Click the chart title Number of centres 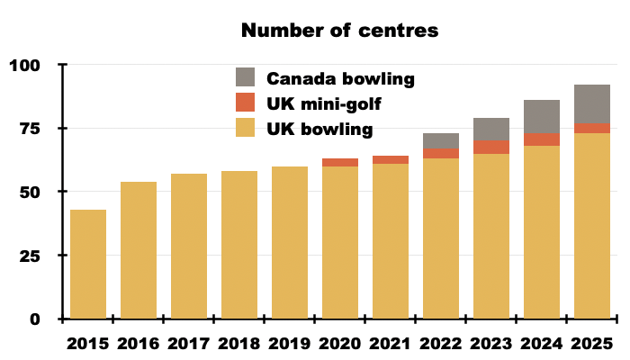(339, 30)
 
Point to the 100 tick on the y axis (26, 66)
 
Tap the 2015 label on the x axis (87, 344)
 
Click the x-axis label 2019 (289, 344)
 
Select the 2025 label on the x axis (591, 344)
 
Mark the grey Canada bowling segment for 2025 (592, 104)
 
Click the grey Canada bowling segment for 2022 (441, 141)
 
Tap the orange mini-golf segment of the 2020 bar (340, 163)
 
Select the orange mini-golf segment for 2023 (491, 147)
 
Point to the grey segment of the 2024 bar (542, 116)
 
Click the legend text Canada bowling (340, 78)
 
